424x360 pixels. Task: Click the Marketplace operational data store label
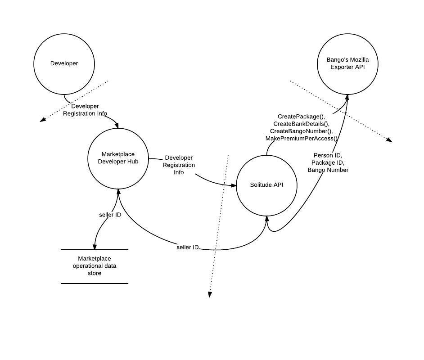click(x=95, y=266)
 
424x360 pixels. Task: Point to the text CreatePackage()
click(x=301, y=117)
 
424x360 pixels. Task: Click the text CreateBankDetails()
click(x=301, y=124)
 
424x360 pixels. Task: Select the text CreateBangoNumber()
click(x=301, y=131)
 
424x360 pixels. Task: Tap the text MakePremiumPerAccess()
click(x=301, y=139)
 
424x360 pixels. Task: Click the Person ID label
click(x=328, y=155)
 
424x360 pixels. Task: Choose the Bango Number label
click(x=328, y=170)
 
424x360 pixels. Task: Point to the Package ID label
click(x=328, y=163)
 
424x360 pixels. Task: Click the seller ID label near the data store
click(x=110, y=215)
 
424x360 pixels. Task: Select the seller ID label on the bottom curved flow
click(x=188, y=247)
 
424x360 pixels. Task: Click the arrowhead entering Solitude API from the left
click(x=233, y=185)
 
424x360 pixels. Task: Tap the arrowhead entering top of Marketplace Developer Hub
click(x=117, y=126)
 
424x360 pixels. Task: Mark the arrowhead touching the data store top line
click(x=95, y=247)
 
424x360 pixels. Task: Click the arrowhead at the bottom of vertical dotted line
click(x=210, y=295)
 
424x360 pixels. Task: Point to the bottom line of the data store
click(x=95, y=283)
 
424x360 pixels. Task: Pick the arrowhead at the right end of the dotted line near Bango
click(x=389, y=140)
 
